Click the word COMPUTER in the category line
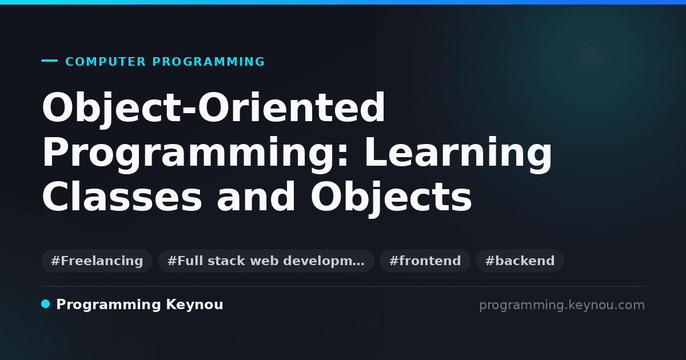pos(105,62)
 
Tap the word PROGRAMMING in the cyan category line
pos(208,62)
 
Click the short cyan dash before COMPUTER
pos(49,61)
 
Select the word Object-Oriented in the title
pos(213,109)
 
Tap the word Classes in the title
pos(122,196)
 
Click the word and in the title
pos(256,196)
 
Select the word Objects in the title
pos(391,198)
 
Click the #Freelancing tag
pos(97,261)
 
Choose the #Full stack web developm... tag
pos(266,261)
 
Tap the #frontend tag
pos(425,261)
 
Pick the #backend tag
pos(520,261)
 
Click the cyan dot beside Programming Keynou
pos(46,304)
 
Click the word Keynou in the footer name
pos(194,305)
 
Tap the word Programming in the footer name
pos(109,305)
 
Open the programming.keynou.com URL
pos(562,305)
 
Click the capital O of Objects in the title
pos(327,196)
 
